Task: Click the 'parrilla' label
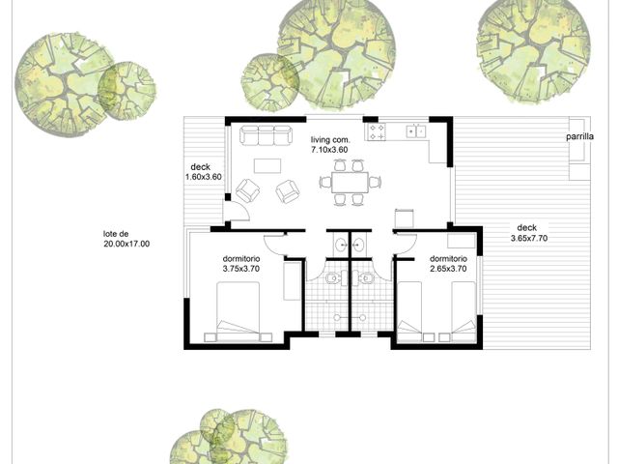[579, 137]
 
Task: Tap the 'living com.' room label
[330, 139]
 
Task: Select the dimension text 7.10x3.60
[329, 150]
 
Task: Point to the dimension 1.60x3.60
[204, 177]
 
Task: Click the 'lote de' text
[116, 234]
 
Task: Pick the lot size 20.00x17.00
[126, 244]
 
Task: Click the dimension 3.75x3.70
[241, 269]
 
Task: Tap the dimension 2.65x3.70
[448, 269]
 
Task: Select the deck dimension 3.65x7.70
[529, 238]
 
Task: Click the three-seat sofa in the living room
[267, 135]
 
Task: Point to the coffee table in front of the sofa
[267, 165]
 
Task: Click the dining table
[350, 183]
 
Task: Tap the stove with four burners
[377, 131]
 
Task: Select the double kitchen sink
[416, 130]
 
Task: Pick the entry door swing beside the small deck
[239, 211]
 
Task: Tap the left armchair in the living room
[247, 191]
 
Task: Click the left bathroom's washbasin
[339, 246]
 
